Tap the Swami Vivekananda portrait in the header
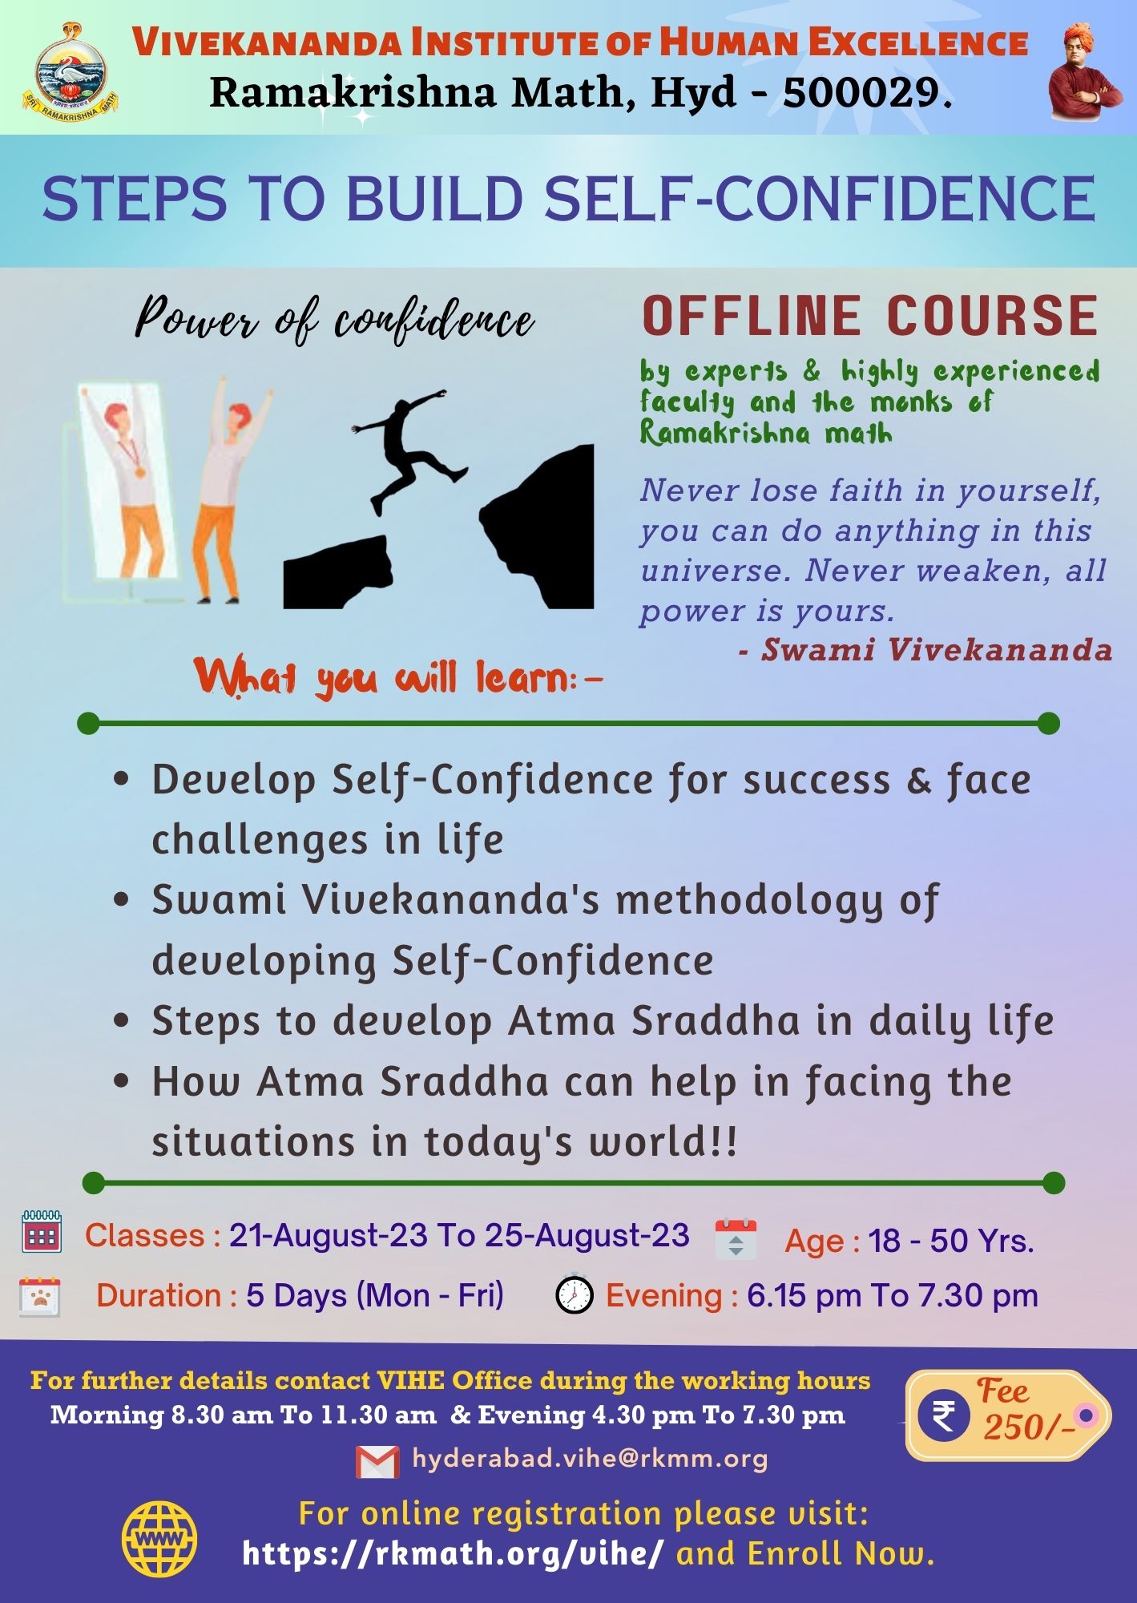pyautogui.click(x=1086, y=71)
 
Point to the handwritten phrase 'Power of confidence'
pyautogui.click(x=335, y=321)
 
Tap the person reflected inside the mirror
pyautogui.click(x=127, y=481)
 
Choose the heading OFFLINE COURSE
pyautogui.click(x=869, y=316)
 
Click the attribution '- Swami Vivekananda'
pyautogui.click(x=925, y=649)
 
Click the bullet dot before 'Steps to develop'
pyautogui.click(x=122, y=1021)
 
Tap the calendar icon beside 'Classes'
pyautogui.click(x=42, y=1233)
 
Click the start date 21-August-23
pyautogui.click(x=329, y=1235)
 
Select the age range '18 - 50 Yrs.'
pyautogui.click(x=951, y=1241)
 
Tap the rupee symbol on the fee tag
pyautogui.click(x=944, y=1415)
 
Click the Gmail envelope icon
pyautogui.click(x=377, y=1462)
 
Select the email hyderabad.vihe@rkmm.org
pyautogui.click(x=590, y=1459)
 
